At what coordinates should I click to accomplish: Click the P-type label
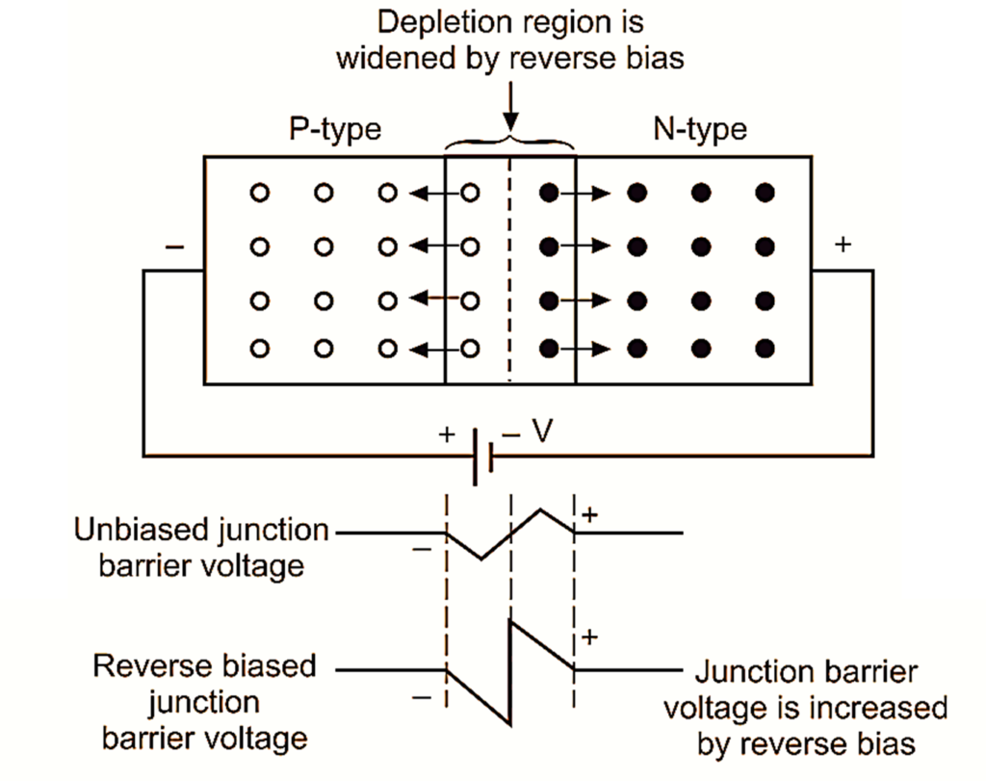coord(335,129)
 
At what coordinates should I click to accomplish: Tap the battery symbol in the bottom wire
coord(482,456)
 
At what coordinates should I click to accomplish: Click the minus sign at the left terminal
coord(174,247)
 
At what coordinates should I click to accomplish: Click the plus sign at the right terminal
coord(843,246)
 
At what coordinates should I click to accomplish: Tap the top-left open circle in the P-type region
coord(258,193)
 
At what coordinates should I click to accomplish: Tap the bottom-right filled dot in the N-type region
coord(765,347)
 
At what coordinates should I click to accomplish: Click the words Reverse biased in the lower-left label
coord(203,666)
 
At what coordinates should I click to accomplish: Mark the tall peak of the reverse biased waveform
coord(511,621)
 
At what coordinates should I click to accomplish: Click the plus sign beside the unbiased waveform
coord(590,514)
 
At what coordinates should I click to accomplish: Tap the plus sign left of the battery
coord(446,434)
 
